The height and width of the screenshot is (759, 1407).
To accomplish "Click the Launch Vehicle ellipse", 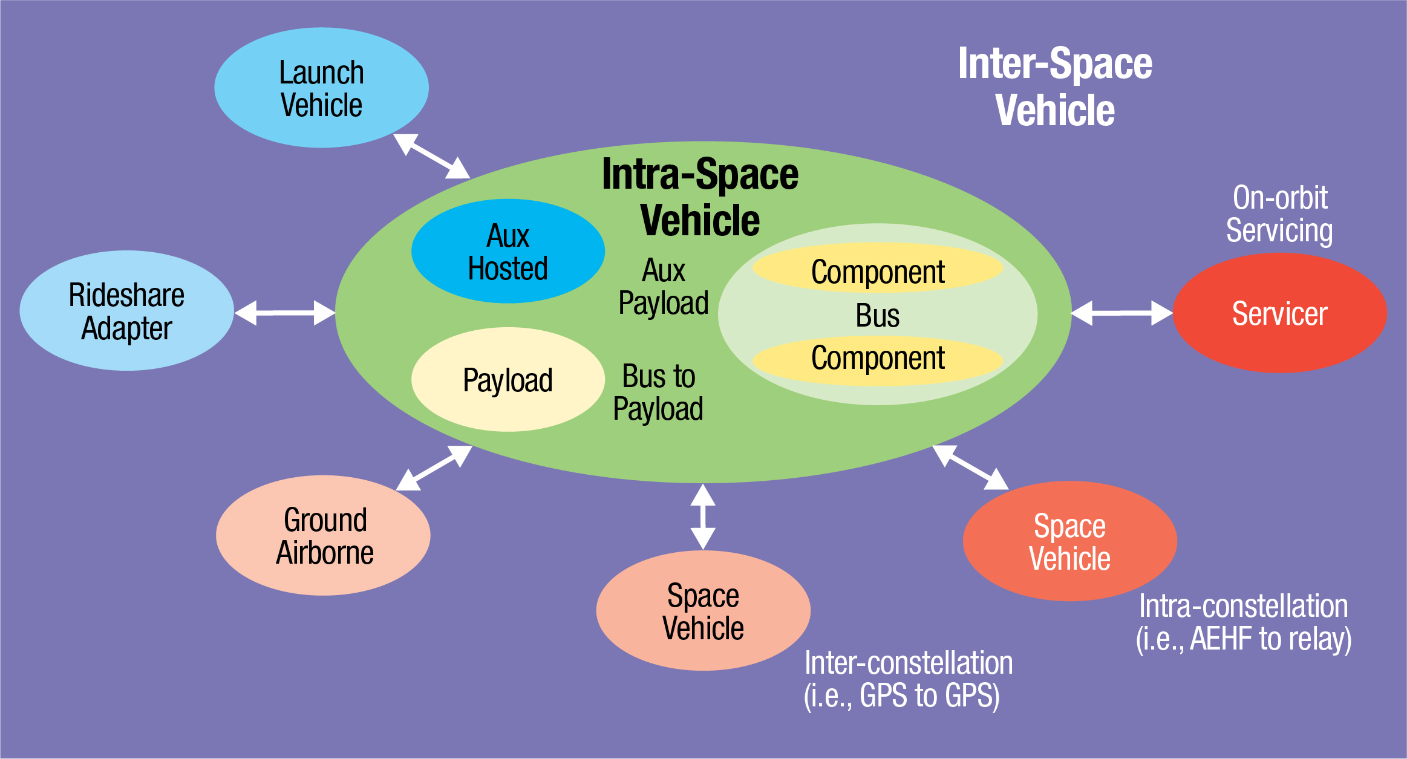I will point(321,88).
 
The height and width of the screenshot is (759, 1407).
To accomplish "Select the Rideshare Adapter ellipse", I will point(126,311).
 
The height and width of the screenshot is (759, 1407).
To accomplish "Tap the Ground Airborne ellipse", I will point(323,536).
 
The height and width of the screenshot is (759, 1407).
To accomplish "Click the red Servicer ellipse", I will point(1279,313).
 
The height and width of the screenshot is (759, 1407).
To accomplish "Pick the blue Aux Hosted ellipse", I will point(508,252).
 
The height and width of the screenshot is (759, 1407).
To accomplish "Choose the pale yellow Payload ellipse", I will point(508,380).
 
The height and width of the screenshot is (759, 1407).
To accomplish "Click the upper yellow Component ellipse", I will point(877,270).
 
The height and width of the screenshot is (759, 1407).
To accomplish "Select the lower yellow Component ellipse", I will point(877,359).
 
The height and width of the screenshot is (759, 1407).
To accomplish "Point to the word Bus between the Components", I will point(877,315).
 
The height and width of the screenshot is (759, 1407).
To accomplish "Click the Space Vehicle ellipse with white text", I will point(1069,542).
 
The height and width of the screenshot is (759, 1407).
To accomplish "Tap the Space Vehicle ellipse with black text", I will point(703,611).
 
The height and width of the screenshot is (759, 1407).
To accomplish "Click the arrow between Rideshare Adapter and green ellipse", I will point(285,313).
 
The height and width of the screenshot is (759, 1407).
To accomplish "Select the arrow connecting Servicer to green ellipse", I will point(1121,313).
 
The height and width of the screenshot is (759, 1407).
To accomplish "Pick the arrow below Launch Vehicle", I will point(431,156).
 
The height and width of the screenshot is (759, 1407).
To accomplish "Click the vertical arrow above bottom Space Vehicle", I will point(703,516).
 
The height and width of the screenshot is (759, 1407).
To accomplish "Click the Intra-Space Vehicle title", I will point(700,197).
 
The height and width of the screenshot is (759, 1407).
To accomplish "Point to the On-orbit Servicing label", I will point(1279,214).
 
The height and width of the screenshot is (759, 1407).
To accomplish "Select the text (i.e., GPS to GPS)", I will point(901,695).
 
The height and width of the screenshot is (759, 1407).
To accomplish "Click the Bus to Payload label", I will point(658,392).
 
